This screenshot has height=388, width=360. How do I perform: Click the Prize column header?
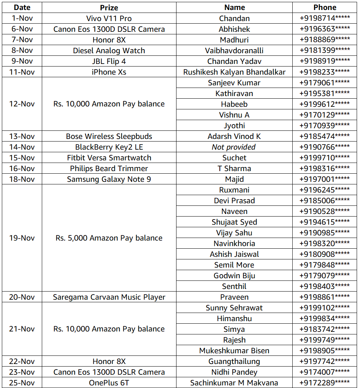pos(109,7)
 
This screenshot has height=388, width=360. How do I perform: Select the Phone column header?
pos(325,7)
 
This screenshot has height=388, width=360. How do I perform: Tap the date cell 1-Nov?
pos(22,18)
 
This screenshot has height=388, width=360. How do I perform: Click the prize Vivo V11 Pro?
pos(109,18)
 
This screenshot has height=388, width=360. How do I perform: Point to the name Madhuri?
pos(234,40)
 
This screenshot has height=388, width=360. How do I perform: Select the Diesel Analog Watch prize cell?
pos(109,50)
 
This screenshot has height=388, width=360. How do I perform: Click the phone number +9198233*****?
pos(325,72)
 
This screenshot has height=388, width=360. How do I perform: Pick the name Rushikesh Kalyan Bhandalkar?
pos(234,72)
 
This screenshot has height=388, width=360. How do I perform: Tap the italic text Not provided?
pos(234,147)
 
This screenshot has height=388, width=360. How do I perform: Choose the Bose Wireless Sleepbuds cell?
pos(109,136)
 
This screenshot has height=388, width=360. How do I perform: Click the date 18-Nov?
pos(22,179)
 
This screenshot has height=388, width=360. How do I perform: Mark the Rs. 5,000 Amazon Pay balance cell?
pos(109,238)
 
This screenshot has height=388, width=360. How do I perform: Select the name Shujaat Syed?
pos(234,222)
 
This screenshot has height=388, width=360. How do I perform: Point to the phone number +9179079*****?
pos(325,275)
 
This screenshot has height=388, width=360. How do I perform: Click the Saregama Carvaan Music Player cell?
pos(109,297)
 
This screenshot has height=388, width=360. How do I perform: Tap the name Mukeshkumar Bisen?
pos(234,350)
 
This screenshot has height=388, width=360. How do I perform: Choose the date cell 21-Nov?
pos(22,329)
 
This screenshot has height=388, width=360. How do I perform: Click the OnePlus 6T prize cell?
pos(109,382)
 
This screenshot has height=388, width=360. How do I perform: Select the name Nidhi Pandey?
pos(234,372)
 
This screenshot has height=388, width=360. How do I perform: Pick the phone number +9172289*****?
pos(325,382)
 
